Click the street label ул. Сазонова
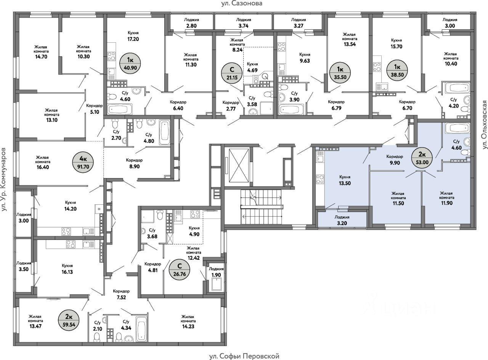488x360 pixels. click(x=242, y=4)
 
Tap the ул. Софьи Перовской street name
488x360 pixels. click(x=244, y=356)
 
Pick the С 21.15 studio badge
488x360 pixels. click(x=232, y=73)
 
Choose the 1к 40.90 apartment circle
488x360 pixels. click(x=130, y=64)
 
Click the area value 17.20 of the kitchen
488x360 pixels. click(x=133, y=39)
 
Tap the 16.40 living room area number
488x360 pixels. click(x=43, y=167)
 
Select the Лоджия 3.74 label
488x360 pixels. click(x=244, y=22)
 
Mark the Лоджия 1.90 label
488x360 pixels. click(x=216, y=272)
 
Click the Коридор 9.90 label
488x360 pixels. click(x=395, y=159)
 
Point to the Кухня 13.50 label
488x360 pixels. click(x=345, y=180)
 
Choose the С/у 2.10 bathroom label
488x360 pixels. click(x=98, y=326)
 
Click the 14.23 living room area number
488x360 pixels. click(x=188, y=326)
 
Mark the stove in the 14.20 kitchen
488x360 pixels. click(x=66, y=231)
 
